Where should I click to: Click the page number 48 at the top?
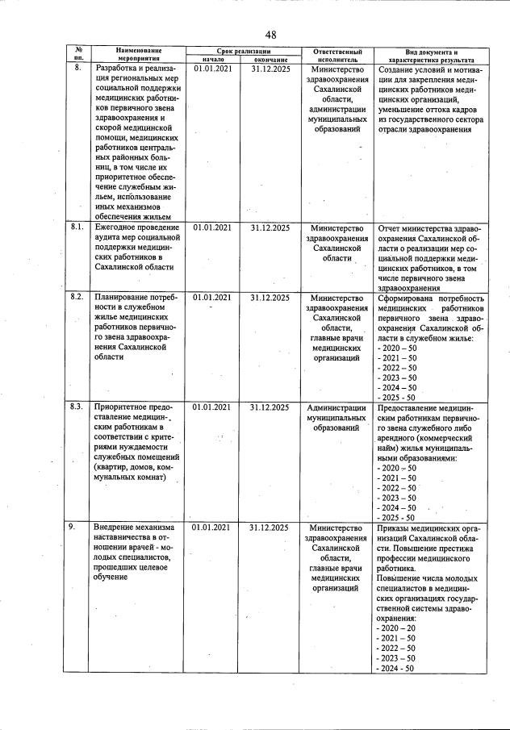(270, 34)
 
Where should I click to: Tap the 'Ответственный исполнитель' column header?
(336, 54)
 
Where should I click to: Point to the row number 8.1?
(77, 228)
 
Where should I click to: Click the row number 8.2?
(77, 297)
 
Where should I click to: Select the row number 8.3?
(77, 407)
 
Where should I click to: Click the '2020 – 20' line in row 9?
(396, 628)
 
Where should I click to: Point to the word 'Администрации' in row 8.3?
(337, 407)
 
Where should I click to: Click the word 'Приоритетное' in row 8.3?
(121, 407)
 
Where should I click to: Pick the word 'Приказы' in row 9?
(394, 528)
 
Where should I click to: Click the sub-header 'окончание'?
(270, 59)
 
